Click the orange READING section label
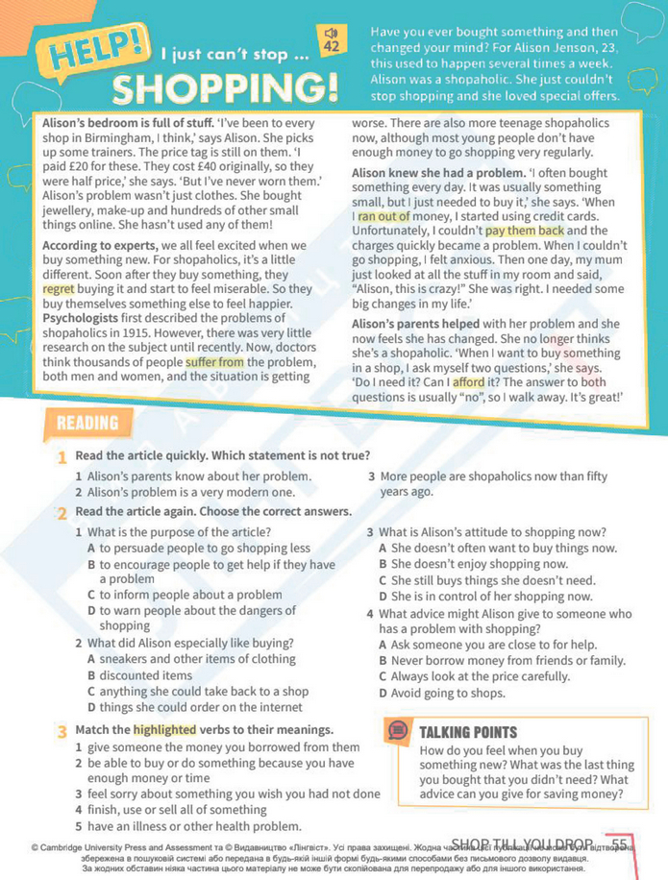(x=87, y=423)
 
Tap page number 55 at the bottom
(x=619, y=843)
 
